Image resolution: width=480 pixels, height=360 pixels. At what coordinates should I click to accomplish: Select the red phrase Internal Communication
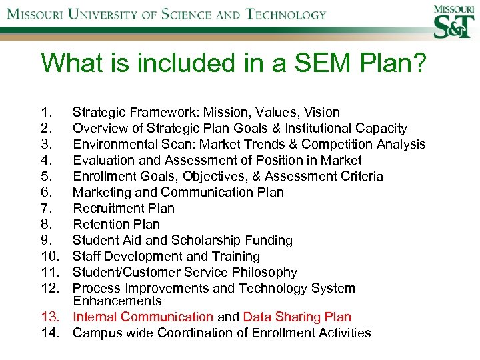tap(143, 317)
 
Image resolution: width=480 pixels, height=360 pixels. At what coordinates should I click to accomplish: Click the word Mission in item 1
tap(225, 112)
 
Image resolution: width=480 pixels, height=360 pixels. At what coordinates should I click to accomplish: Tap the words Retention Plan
tap(116, 224)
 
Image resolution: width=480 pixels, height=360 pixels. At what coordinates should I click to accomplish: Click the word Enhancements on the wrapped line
tap(117, 301)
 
